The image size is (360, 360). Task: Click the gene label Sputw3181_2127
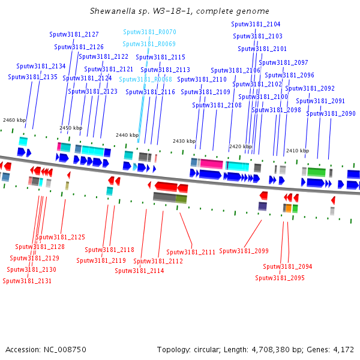pos(74,34)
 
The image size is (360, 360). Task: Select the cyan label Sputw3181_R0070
pos(149,32)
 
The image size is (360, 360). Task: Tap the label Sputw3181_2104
pos(256,24)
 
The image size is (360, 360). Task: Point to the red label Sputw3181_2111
pos(191,252)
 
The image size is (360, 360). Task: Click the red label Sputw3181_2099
pos(244,251)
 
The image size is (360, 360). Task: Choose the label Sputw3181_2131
pos(27,281)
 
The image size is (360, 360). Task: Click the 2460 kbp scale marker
pos(14,120)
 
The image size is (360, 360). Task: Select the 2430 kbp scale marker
pos(184,141)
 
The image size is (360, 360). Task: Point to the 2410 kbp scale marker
pos(298,151)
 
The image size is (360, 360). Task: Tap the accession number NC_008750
pos(65,350)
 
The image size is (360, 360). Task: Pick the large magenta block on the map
pos(211,164)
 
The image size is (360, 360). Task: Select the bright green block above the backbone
pos(316,172)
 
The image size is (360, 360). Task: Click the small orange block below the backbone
pos(289,208)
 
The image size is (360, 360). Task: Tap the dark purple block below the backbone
pos(263,206)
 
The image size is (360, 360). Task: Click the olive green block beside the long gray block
pos(181,199)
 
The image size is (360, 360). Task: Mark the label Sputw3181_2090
pos(331,113)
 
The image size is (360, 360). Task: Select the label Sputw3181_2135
pos(32,77)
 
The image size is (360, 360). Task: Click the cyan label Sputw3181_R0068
pos(145,79)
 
